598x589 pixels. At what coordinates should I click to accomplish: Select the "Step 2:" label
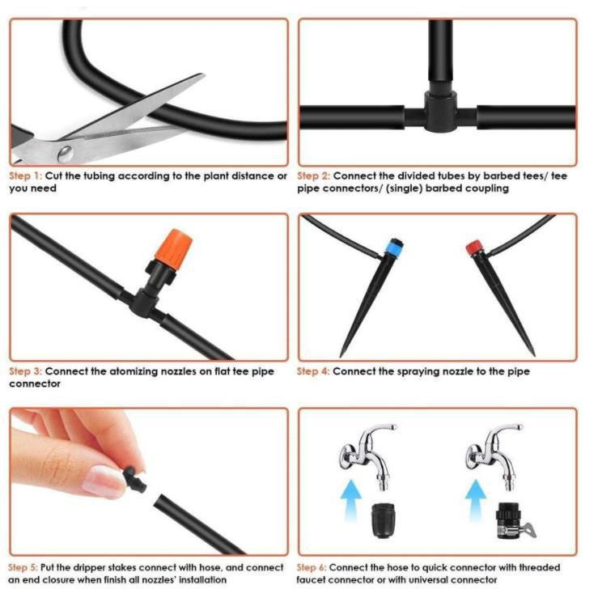313,176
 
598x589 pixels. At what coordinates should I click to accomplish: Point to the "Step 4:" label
313,371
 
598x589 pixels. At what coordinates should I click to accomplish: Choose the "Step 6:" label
313,567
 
